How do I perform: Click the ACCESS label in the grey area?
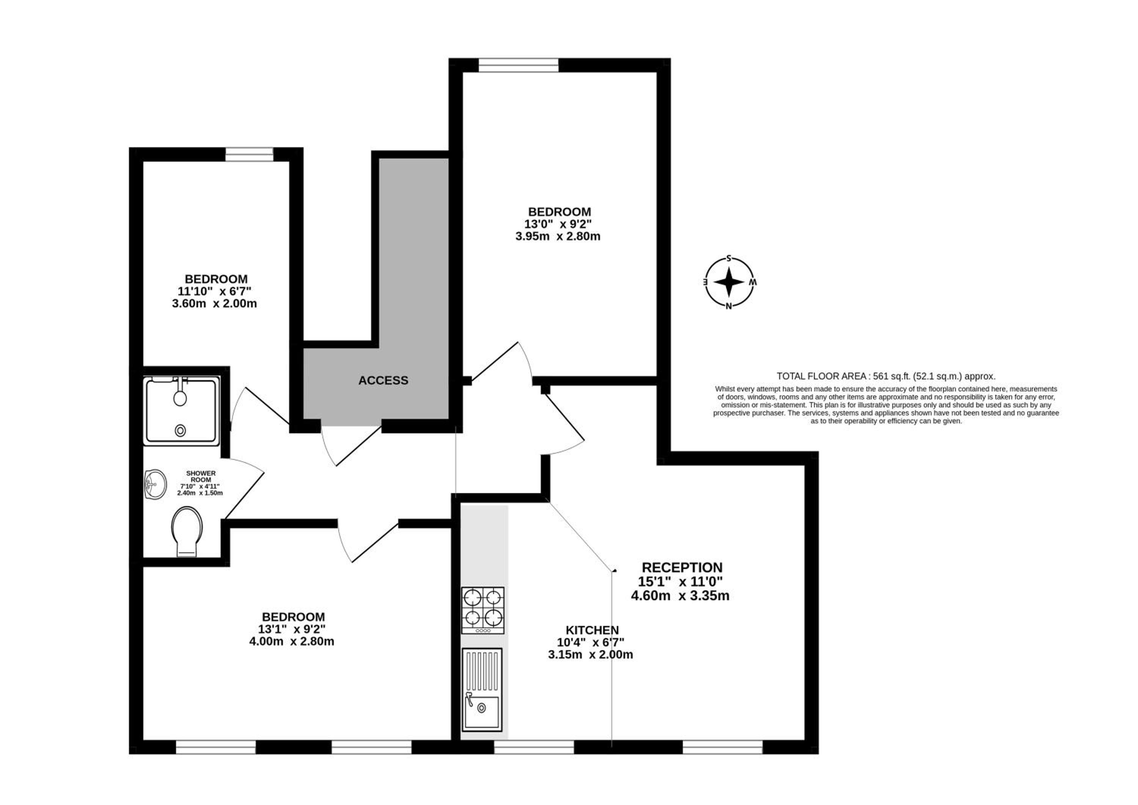383,380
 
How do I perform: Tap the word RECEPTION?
682,568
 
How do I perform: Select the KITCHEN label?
592,630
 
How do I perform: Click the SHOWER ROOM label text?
201,476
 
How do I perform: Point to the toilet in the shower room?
187,532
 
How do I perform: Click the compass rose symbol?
729,281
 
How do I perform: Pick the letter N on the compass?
729,306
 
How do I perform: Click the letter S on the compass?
729,258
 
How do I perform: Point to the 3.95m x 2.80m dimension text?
558,236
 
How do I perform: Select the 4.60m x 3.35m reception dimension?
680,595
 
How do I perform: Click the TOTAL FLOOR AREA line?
886,376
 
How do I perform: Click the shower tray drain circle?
181,431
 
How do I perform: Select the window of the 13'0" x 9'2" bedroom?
519,65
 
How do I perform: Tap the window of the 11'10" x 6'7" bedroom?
249,154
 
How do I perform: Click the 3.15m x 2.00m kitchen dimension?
590,654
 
